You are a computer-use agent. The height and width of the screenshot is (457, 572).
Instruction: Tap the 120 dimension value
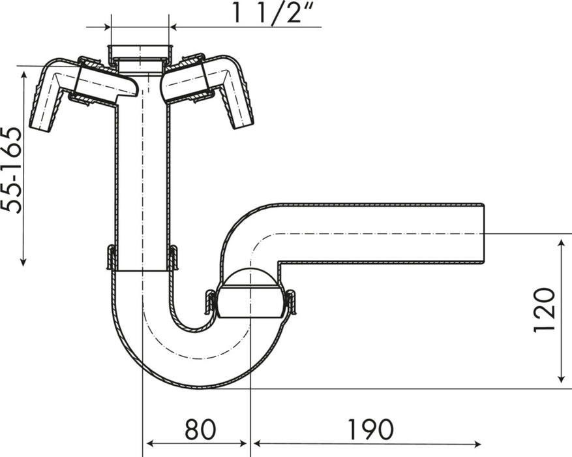pyautogui.click(x=545, y=309)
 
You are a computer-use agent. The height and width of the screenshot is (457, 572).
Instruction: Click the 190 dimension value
pyautogui.click(x=369, y=430)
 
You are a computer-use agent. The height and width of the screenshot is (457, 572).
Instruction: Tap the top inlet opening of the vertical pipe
pyautogui.click(x=141, y=51)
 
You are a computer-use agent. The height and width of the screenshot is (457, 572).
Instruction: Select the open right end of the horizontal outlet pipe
pyautogui.click(x=484, y=233)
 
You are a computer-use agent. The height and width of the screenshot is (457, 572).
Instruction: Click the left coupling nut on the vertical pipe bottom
pyautogui.click(x=111, y=258)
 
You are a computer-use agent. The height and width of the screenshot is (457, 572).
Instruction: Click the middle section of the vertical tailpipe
pyautogui.click(x=141, y=176)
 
